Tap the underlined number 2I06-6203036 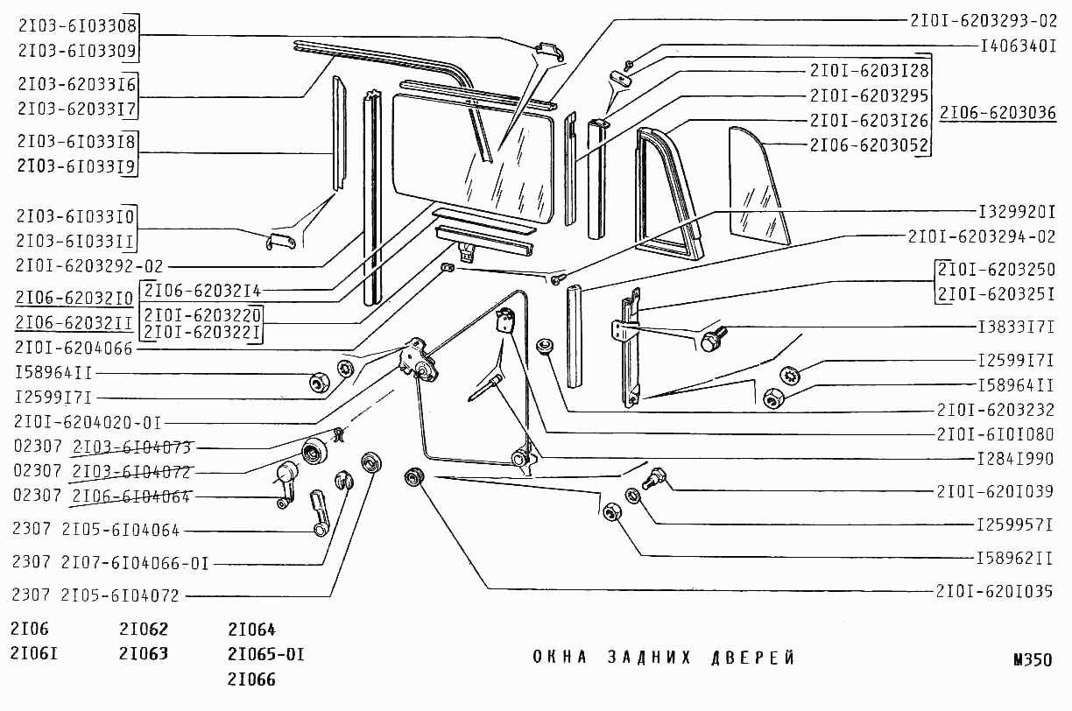point(998,113)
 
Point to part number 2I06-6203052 point(869,145)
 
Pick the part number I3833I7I point(1015,327)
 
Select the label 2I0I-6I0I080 point(995,434)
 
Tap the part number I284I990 point(1015,459)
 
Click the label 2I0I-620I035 point(995,591)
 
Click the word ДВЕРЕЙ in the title point(752,658)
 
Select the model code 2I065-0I point(265,654)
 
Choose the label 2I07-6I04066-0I point(134,563)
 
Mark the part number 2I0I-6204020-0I point(88,421)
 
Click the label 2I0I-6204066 point(73,347)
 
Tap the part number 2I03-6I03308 point(77,25)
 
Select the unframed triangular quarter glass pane point(758,186)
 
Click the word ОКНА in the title point(560,658)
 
